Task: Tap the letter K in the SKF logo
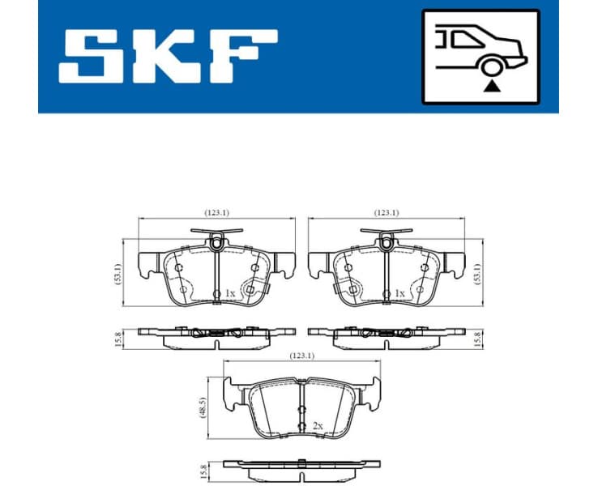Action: tap(168, 57)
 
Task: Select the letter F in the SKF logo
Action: tap(243, 57)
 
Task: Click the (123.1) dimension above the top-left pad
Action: tap(216, 213)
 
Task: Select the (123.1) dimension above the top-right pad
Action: tap(386, 213)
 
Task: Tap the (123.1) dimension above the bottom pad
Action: tap(301, 355)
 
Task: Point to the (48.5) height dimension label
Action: tap(203, 404)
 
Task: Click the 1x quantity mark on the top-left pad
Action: tap(229, 293)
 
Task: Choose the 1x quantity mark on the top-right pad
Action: tap(399, 293)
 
